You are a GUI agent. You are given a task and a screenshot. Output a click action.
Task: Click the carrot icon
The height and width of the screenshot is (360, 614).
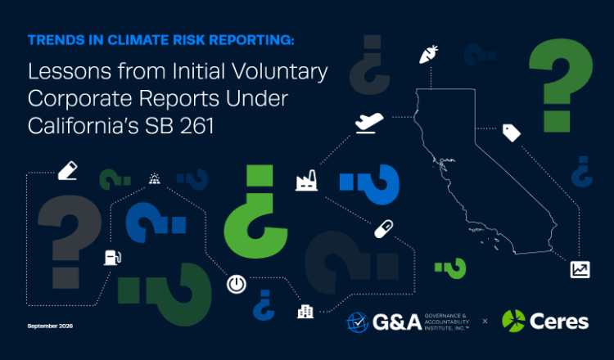coord(428,54)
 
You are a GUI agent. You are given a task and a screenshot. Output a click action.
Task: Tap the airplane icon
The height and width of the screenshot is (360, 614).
coord(369,123)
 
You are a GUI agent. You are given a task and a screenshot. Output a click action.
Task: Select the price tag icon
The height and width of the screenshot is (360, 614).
coord(512,133)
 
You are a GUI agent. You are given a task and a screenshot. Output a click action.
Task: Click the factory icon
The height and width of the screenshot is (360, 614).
coord(306,180)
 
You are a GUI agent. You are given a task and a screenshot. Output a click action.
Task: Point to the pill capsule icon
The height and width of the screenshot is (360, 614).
coord(383,229)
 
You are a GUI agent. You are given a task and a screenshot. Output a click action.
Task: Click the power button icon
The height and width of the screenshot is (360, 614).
coord(237,284)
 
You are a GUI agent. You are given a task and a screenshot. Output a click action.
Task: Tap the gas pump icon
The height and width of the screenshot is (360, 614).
coord(112,258)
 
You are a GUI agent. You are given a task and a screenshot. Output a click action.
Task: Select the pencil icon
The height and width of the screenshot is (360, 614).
coord(67,171)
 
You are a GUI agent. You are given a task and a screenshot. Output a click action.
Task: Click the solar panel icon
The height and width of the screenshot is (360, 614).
coord(154,179)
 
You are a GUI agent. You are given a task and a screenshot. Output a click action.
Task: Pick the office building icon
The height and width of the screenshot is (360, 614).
coord(305,312)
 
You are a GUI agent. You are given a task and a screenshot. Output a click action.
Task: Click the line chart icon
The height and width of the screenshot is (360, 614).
coord(580,270)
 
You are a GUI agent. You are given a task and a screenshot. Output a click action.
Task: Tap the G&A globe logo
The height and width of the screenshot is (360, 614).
coord(358,322)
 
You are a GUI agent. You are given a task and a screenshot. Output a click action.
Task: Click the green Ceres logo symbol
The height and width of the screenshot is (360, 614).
coord(513,321)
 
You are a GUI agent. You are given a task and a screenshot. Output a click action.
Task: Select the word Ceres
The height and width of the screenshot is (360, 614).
coord(559,322)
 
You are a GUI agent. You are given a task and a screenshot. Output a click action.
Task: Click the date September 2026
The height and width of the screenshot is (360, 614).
coord(50,326)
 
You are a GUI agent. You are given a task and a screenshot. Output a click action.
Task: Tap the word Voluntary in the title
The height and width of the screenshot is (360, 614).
coord(279,72)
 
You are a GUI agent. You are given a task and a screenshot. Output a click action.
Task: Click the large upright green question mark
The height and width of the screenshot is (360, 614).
coord(561,85)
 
